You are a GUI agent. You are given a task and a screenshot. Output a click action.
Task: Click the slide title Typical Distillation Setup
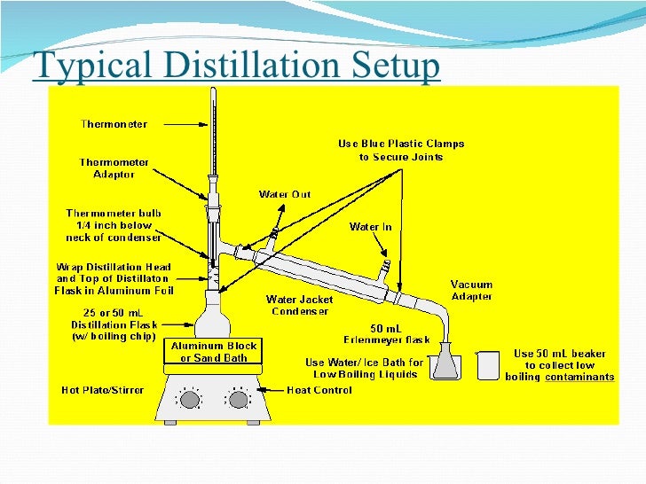236,66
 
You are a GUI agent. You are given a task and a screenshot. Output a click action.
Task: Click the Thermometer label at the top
114,124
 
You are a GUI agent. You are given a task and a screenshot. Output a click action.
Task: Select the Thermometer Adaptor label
114,168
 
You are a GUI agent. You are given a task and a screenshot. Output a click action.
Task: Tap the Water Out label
284,194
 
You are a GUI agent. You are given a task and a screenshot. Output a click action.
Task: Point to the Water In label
370,227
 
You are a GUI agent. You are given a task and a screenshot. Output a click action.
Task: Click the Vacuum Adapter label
472,291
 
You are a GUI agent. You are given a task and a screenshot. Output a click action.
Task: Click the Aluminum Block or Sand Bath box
214,352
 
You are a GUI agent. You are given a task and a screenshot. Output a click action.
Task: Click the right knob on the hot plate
237,400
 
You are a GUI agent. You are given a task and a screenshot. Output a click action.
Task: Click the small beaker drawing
488,364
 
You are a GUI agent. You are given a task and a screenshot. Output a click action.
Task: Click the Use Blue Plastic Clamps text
401,150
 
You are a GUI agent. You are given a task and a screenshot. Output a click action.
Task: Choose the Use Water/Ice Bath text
365,368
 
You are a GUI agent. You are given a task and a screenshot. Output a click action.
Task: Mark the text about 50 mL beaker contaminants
560,365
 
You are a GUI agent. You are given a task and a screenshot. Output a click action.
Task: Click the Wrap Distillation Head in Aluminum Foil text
114,278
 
